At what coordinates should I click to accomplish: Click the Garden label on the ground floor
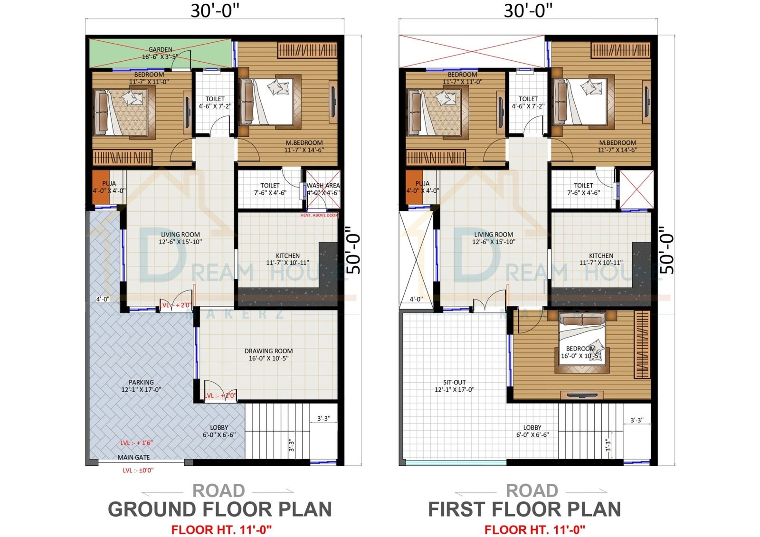(x=160, y=50)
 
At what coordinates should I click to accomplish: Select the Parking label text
(x=141, y=383)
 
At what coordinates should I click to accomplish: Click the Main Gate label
(x=133, y=458)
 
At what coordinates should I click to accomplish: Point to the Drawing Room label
(x=268, y=351)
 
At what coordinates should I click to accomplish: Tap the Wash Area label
(x=323, y=186)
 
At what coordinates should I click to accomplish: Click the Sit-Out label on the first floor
(x=454, y=383)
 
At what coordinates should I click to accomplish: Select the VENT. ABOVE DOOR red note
(x=319, y=216)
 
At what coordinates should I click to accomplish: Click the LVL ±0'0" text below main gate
(x=138, y=471)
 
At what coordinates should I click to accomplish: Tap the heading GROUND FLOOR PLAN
(x=219, y=509)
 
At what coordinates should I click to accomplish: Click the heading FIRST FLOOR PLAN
(x=524, y=509)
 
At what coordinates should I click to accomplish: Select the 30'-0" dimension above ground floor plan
(x=215, y=10)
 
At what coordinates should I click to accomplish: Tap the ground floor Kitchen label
(x=287, y=256)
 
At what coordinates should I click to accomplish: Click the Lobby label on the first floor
(x=532, y=428)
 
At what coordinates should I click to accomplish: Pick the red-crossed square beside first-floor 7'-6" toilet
(x=636, y=189)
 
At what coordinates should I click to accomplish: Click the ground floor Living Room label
(x=180, y=235)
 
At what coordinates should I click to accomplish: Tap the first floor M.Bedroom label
(x=617, y=143)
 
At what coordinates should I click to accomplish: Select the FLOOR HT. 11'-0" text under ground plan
(x=221, y=529)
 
